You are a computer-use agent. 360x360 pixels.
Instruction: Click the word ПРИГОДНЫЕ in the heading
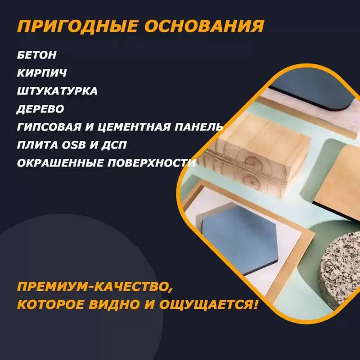coord(77,26)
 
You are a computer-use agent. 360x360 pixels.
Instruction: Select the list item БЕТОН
coord(37,55)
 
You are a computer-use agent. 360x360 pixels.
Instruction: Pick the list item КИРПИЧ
coord(42,73)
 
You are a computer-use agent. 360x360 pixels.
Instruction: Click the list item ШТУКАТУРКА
coord(57,91)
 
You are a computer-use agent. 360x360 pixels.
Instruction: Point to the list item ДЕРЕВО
coord(40,109)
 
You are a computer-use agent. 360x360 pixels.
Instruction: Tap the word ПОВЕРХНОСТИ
coord(152,163)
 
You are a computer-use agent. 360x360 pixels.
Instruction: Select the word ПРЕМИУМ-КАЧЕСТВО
coord(95,287)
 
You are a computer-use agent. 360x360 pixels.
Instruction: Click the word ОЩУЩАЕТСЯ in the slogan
coord(208,305)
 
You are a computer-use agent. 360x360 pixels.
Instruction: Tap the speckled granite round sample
coord(340,269)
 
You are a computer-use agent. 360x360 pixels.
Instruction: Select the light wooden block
coord(255,156)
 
